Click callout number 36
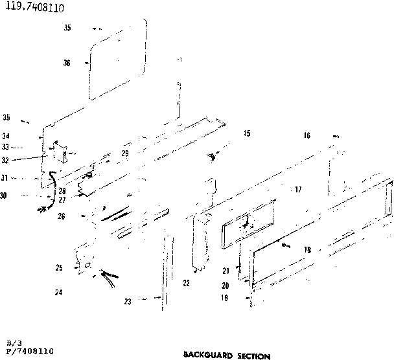[67, 63]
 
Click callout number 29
[125, 153]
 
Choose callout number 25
[59, 267]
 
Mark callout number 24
[58, 292]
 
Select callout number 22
[187, 283]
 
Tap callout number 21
[226, 270]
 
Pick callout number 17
[298, 190]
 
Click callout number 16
[307, 135]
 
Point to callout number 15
[246, 134]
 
